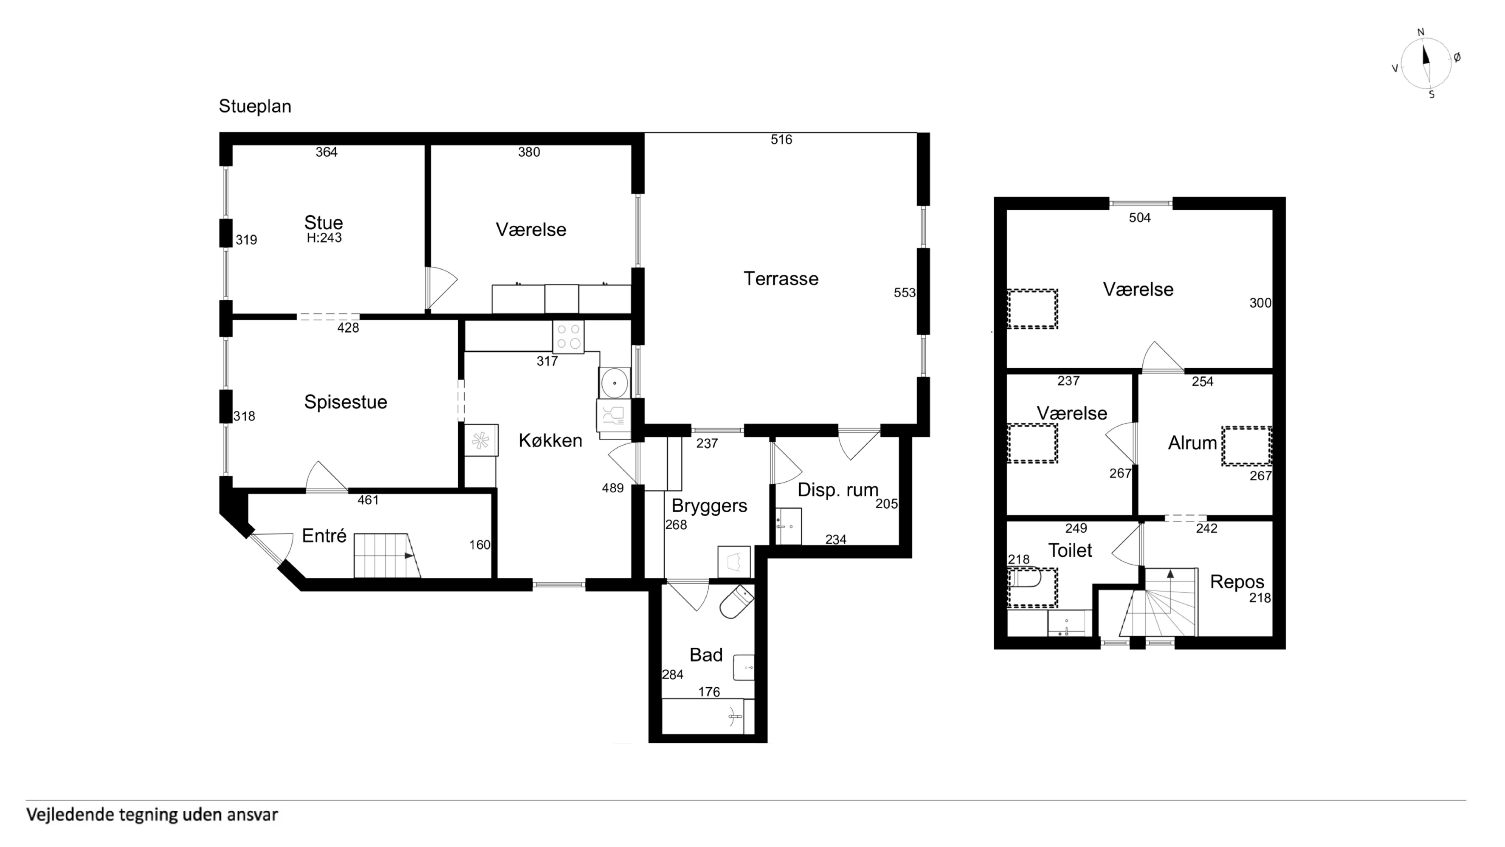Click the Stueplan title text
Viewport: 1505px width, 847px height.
[255, 106]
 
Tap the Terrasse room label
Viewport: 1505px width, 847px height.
[781, 278]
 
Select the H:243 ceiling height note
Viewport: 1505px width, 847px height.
[324, 238]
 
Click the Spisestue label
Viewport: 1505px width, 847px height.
[345, 402]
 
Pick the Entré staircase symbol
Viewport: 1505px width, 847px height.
[387, 555]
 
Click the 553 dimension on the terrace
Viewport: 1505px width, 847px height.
[905, 293]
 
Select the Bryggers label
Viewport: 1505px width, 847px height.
[709, 505]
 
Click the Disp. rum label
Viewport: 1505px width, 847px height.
[838, 490]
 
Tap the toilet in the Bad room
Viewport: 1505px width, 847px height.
[737, 602]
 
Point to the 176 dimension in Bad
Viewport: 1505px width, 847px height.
[709, 692]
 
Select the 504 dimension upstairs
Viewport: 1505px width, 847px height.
[1139, 218]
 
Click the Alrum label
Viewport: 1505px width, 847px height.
[1192, 443]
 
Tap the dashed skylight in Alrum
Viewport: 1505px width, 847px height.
[1246, 446]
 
